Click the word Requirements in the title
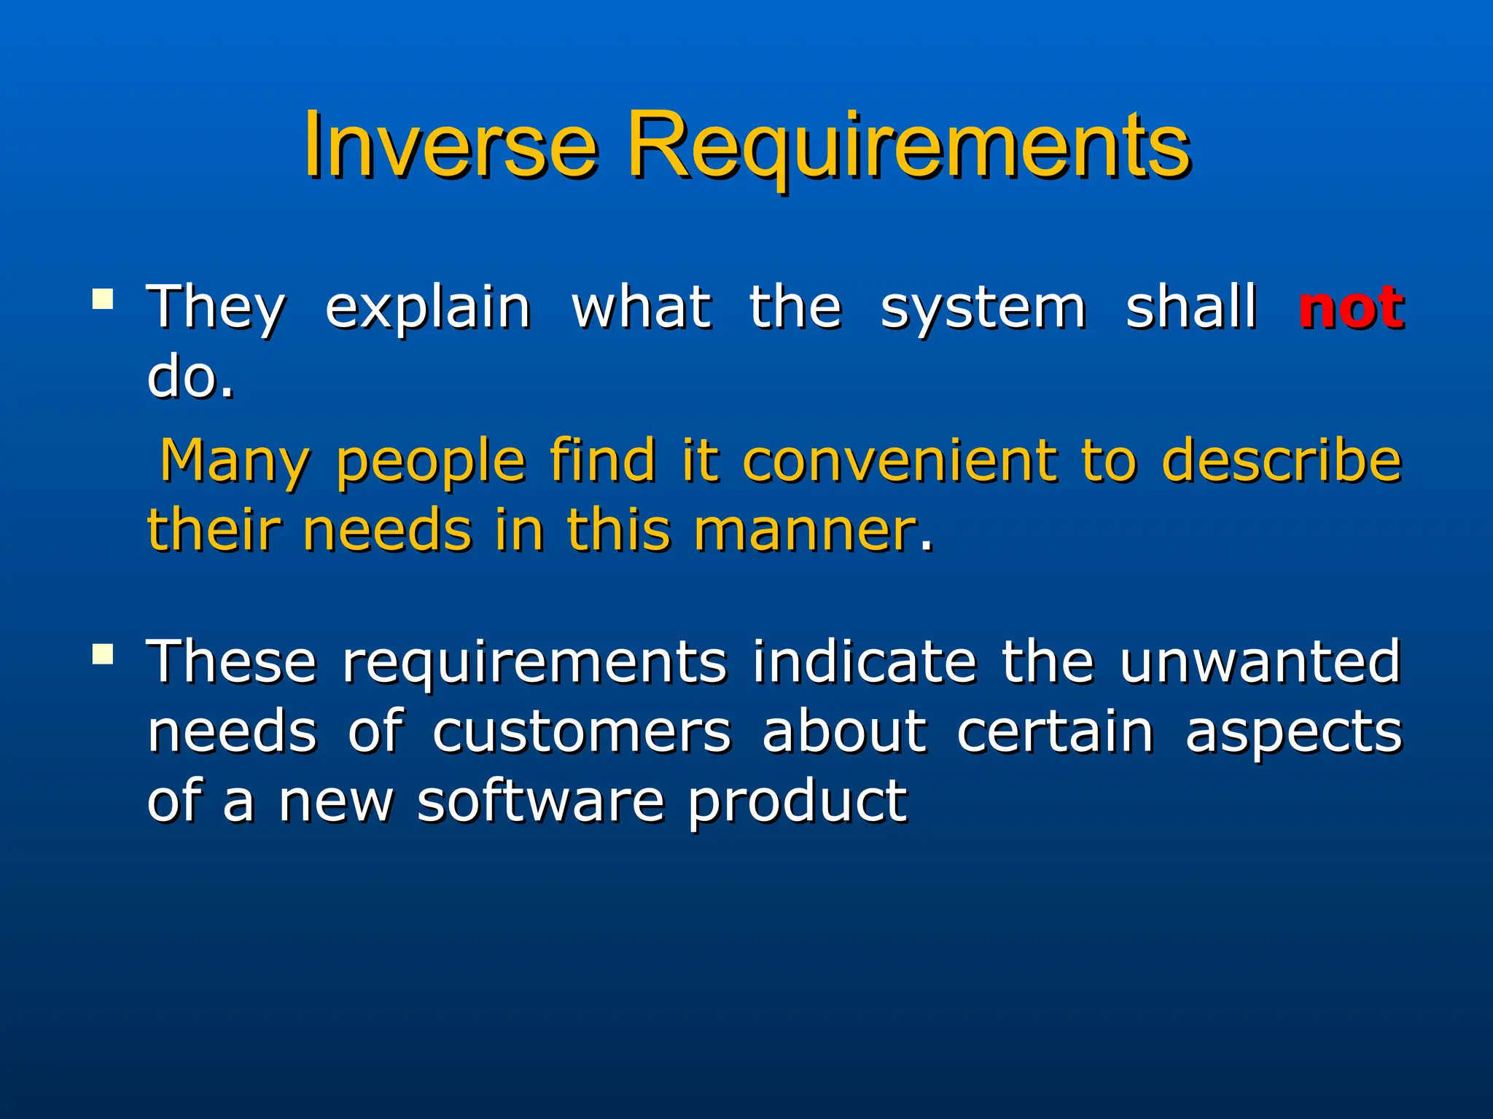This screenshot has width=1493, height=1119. (908, 146)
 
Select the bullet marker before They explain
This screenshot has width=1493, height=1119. (103, 299)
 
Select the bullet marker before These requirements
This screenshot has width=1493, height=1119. (103, 653)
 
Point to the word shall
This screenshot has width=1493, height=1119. (1191, 307)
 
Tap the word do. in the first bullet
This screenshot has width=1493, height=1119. (190, 377)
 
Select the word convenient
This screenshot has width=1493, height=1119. (899, 461)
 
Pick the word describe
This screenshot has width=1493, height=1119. (1282, 461)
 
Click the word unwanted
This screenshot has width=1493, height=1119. (1260, 662)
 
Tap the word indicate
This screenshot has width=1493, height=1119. (864, 662)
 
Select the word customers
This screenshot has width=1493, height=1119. (581, 731)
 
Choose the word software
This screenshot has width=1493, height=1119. (540, 801)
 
